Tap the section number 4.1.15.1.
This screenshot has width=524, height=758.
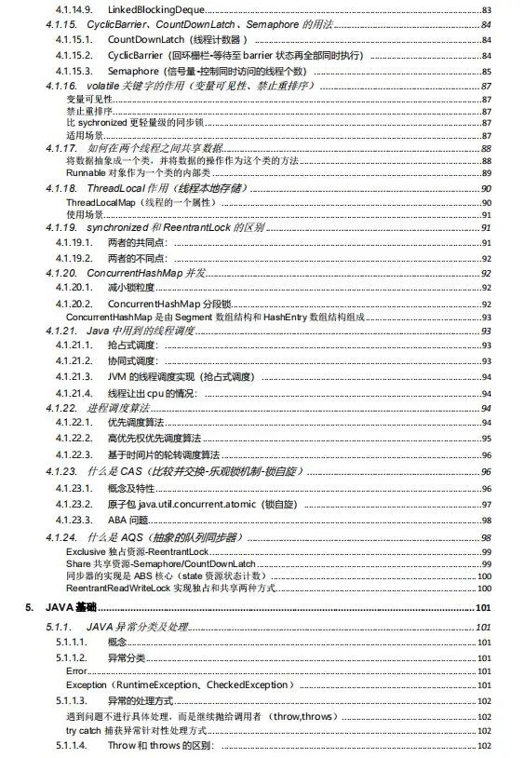coord(75,40)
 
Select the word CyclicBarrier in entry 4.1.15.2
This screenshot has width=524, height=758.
coord(134,55)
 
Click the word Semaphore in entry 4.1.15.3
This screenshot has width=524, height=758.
coord(133,71)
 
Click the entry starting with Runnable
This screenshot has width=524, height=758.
coord(87,172)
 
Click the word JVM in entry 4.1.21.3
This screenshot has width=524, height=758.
coord(116,376)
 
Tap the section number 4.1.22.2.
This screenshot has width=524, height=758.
coord(75,438)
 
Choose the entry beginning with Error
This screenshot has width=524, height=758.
coord(76,670)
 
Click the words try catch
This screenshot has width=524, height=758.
coord(83,731)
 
